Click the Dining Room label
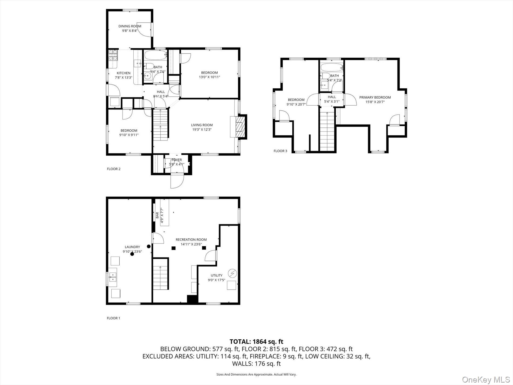point(130,26)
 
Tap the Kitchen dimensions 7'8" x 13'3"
point(123,78)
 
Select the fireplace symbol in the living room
point(239,127)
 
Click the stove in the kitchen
point(113,55)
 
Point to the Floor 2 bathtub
point(155,56)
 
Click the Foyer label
point(177,160)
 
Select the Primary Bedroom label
point(375,97)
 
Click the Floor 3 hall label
point(332,97)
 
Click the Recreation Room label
point(191,239)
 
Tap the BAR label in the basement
point(157,215)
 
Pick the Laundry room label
point(132,247)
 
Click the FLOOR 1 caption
point(113,318)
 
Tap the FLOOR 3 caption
point(280,151)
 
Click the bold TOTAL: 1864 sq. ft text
point(256,342)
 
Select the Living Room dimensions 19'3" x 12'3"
point(202,129)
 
